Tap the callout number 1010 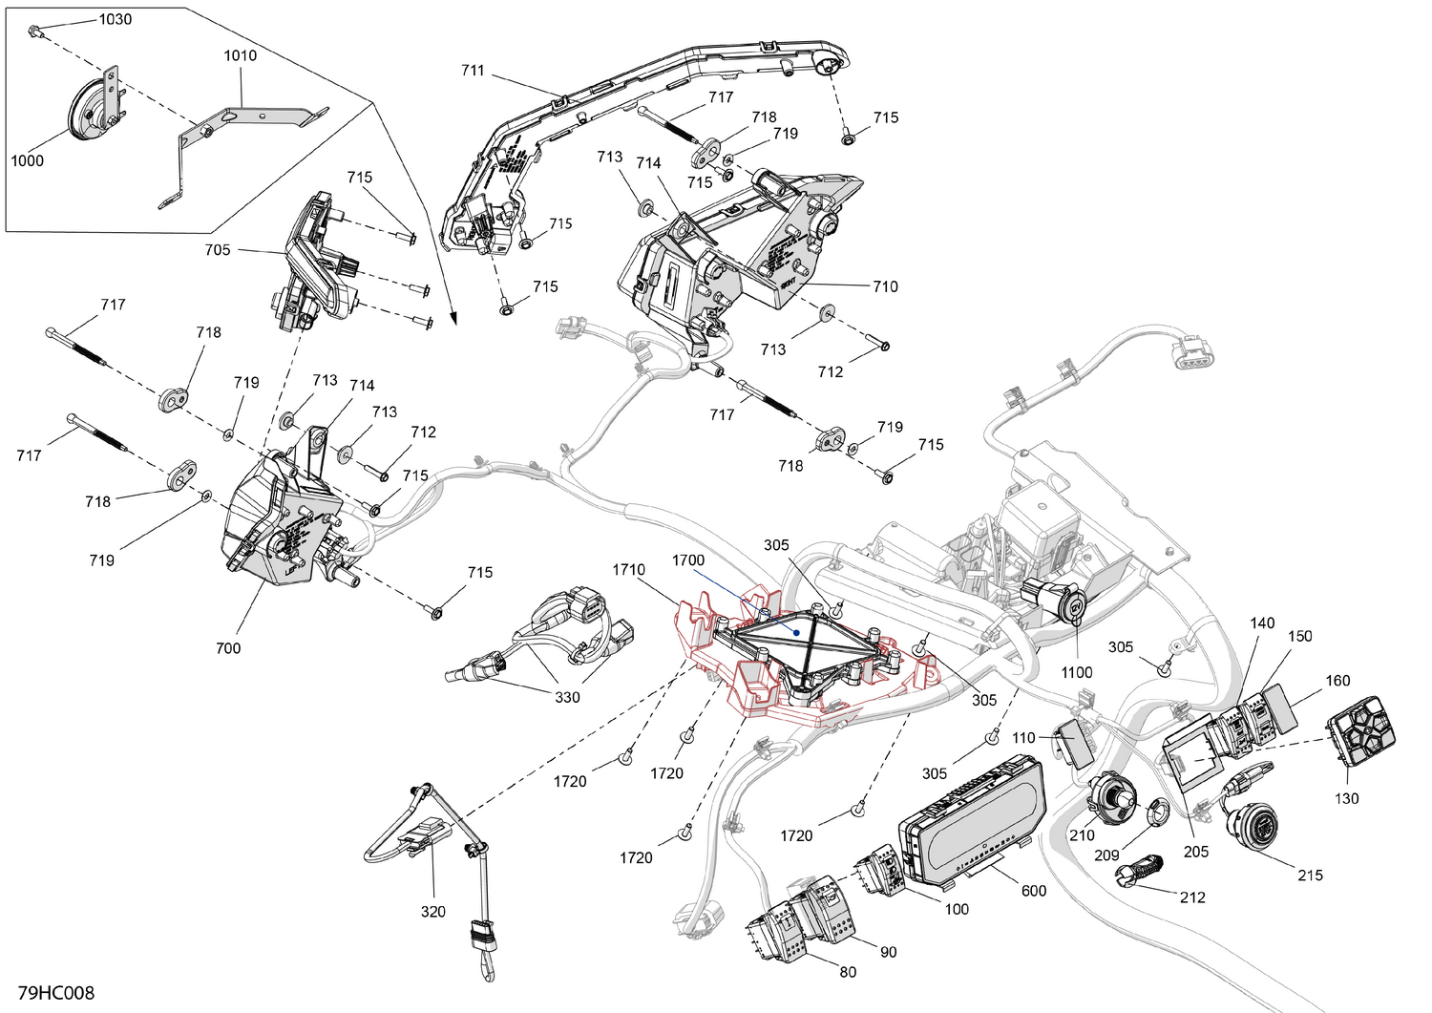coord(241,55)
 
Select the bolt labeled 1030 coord(35,33)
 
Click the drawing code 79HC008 coord(55,994)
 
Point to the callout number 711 coord(473,71)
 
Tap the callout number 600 coord(1034,891)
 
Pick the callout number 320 coord(433,912)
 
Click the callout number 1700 coord(687,560)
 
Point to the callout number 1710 coord(628,570)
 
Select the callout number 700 coord(228,648)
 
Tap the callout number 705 coord(218,250)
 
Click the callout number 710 coord(885,286)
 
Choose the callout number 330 coord(567,698)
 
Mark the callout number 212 coord(1192,897)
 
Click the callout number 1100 coord(1076,672)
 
